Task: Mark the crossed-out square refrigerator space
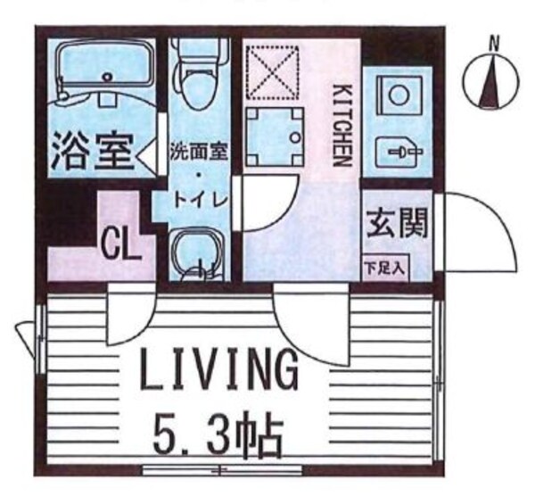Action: pyautogui.click(x=276, y=72)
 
